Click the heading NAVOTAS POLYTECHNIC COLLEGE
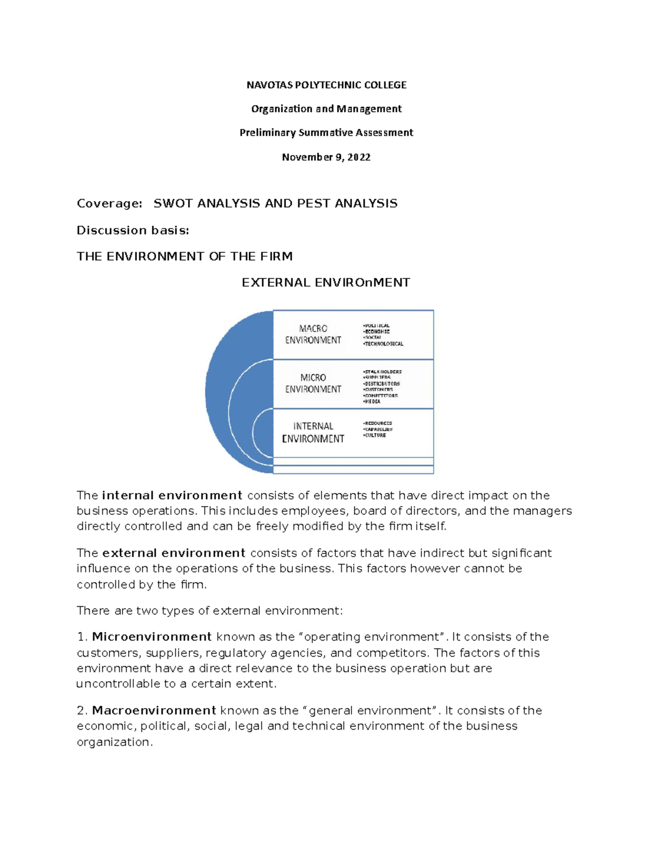[326, 85]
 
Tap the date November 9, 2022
[326, 157]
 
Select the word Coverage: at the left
[109, 203]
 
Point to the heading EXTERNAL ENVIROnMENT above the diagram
[326, 283]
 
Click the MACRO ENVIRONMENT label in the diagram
[313, 335]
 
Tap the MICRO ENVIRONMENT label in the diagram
[313, 384]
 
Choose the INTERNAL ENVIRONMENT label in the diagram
[313, 433]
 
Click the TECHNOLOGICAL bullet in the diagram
[384, 344]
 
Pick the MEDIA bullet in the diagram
[373, 402]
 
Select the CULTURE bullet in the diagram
[375, 435]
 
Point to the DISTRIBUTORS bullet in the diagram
[381, 384]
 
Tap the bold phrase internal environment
[172, 496]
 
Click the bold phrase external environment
[174, 553]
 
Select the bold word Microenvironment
[152, 637]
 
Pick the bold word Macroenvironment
[154, 711]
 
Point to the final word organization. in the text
[115, 742]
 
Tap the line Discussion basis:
[133, 231]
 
